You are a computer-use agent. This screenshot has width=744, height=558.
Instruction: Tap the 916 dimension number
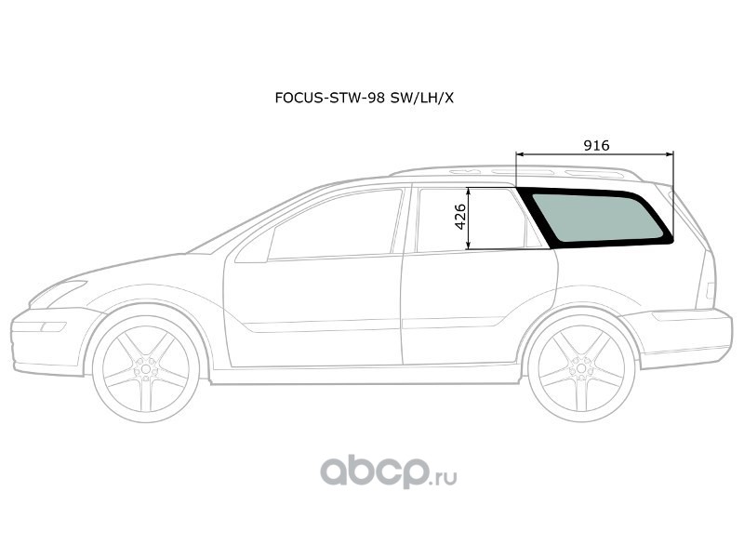pos(596,145)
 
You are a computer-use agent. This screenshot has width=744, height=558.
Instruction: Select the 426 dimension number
pos(459,217)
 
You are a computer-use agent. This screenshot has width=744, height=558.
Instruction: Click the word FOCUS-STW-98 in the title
pos(330,98)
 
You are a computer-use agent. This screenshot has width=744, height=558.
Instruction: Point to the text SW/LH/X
pos(422,98)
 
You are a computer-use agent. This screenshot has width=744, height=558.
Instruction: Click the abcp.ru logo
pos(389,471)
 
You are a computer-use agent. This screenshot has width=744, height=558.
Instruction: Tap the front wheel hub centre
pos(146,368)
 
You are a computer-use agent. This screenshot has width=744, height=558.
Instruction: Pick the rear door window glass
pos(470,219)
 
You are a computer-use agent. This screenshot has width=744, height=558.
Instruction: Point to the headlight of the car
pos(58,294)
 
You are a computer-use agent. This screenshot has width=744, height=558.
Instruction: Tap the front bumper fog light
pos(53,327)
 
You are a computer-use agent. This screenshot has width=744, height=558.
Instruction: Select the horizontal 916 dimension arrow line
pos(594,154)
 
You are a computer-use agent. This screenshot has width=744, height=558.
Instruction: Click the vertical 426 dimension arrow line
pos(469,219)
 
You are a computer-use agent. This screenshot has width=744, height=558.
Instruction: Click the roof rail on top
pos(517,171)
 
